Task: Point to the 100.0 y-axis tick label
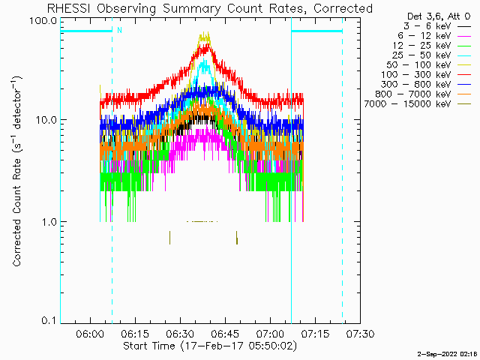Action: point(43,19)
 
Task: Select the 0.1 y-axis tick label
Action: point(49,321)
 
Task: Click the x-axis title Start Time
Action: point(151,346)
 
